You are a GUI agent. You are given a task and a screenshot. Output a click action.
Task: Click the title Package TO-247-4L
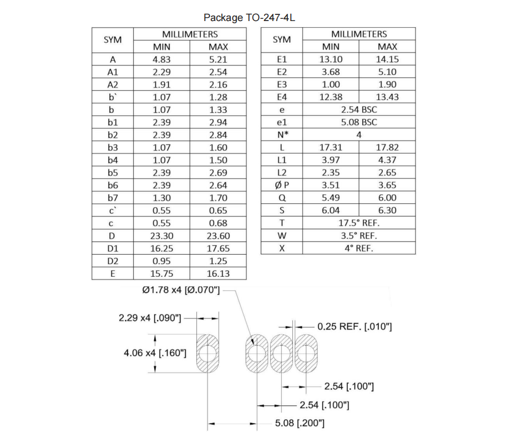249,18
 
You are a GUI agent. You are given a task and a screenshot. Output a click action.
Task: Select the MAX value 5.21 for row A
218,60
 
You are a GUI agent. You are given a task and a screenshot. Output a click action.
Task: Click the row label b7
113,198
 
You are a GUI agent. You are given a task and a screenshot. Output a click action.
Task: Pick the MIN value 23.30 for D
161,235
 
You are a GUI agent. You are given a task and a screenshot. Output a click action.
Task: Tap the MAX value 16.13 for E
218,273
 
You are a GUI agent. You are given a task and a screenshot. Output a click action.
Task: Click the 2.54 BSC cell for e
359,110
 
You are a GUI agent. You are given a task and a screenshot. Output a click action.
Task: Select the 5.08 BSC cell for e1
359,122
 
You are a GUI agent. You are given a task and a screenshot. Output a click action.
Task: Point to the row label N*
282,135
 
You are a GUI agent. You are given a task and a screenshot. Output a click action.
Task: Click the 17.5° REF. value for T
359,223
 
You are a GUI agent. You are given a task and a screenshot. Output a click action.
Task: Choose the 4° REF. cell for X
359,248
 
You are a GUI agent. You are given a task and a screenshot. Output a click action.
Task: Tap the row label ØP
282,185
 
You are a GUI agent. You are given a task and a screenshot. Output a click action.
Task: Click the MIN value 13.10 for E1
331,60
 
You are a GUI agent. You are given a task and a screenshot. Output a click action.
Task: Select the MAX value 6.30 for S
387,210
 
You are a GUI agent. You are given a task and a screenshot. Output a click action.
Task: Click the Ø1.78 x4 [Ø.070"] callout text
181,290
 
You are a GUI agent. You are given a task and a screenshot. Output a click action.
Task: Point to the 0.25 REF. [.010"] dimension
355,327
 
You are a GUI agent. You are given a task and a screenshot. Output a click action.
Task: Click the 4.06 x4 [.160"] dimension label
155,353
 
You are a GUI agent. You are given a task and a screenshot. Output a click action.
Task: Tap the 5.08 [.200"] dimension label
300,424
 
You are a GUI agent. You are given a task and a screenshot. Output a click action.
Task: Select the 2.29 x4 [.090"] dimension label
150,318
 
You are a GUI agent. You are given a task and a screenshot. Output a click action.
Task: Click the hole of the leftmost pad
209,353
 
